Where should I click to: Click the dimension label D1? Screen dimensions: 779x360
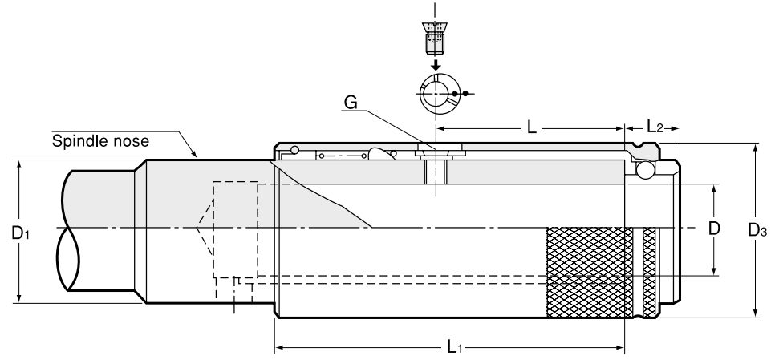coord(20,233)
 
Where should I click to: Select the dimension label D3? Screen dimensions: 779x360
coord(757,230)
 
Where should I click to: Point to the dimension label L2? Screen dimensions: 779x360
coord(655,127)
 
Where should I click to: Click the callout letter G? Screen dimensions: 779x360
coord(351,103)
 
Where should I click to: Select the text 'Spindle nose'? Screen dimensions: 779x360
coord(100,141)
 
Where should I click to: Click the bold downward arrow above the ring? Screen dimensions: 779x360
coord(436,65)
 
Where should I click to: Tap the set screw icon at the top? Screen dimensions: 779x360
coord(435,37)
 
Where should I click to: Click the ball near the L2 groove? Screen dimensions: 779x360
coord(645,170)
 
